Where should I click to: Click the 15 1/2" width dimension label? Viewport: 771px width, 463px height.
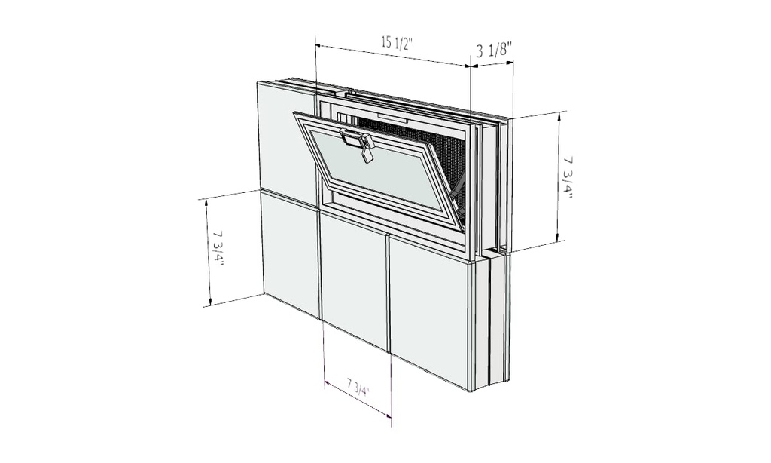(x=397, y=42)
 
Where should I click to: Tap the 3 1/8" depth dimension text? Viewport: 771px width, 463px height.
(x=495, y=51)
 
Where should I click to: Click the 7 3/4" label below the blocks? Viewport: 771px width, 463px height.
(x=358, y=389)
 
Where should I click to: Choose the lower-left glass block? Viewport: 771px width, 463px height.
(x=290, y=253)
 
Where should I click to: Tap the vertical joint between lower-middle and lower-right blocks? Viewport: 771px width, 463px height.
(x=389, y=294)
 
